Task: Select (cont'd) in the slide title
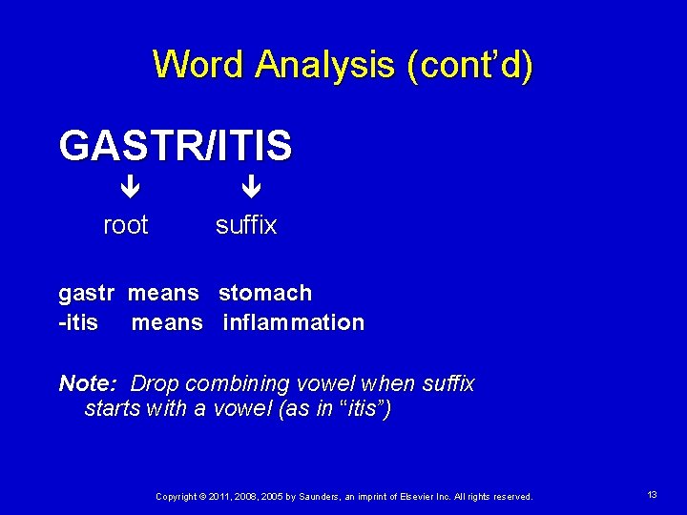(x=469, y=65)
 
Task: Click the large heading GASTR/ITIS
(x=176, y=146)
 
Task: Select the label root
(x=125, y=225)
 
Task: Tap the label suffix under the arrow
(x=246, y=225)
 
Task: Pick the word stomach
(x=265, y=293)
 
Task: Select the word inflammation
(x=293, y=322)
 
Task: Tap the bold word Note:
(x=87, y=383)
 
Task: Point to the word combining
(x=231, y=383)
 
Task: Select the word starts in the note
(x=112, y=409)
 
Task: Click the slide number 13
(x=653, y=495)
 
